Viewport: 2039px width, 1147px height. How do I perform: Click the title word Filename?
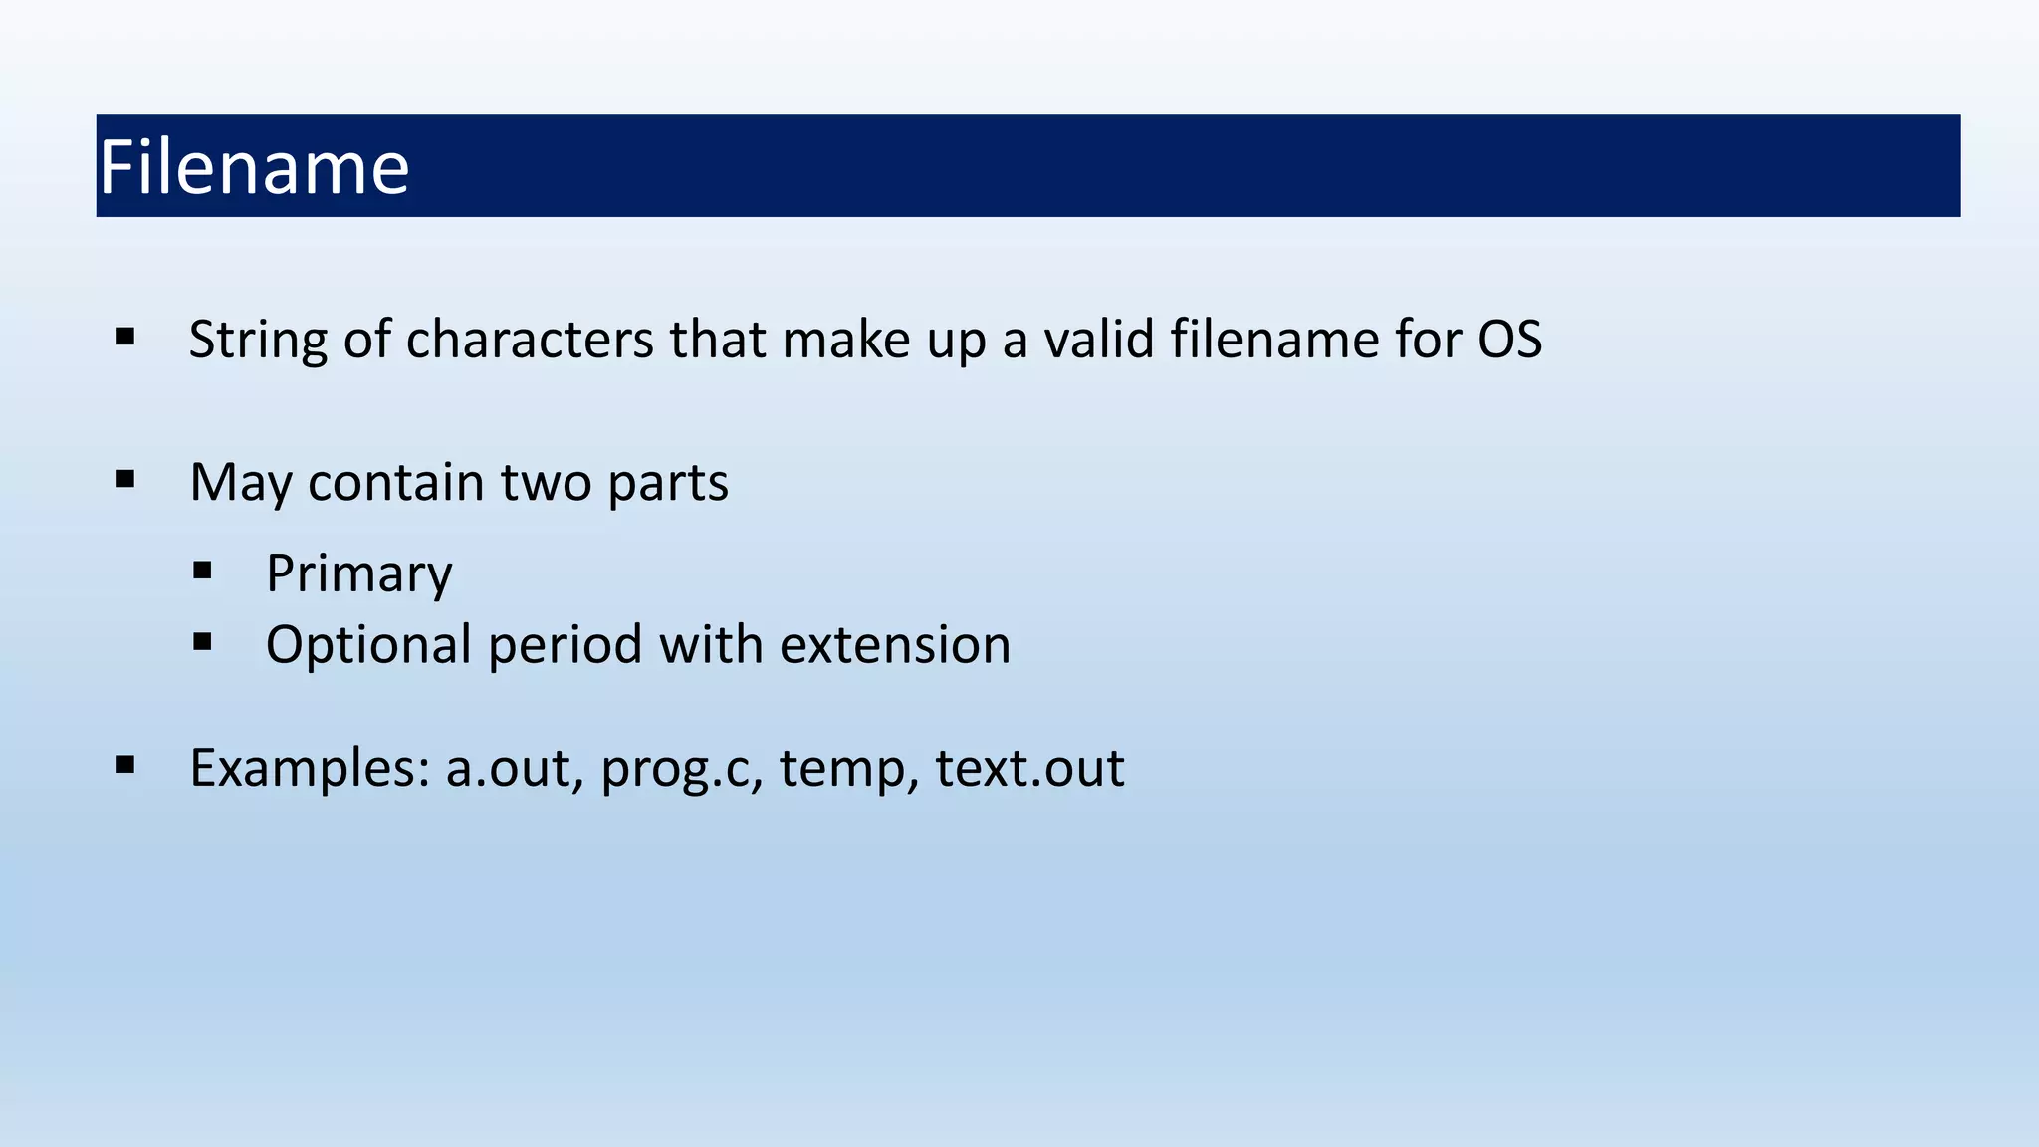click(x=254, y=167)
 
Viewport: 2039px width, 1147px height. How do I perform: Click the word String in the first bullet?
click(x=258, y=341)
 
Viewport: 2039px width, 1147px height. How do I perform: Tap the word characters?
click(x=530, y=341)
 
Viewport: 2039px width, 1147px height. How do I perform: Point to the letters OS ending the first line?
click(x=1509, y=341)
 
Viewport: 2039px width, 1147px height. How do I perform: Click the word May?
click(x=240, y=484)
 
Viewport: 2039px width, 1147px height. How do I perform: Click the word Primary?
click(x=358, y=574)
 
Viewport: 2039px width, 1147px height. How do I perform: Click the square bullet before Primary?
click(x=203, y=571)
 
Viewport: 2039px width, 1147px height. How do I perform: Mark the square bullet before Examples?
click(x=125, y=765)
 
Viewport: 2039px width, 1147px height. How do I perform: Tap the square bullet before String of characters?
click(x=125, y=337)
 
